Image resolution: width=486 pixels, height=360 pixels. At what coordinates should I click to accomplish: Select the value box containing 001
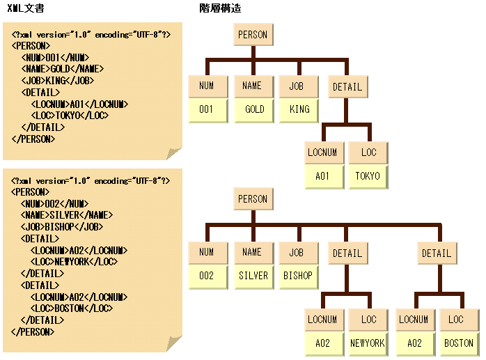[206, 109]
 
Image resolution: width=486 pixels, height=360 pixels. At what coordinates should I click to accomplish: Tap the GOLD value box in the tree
[253, 109]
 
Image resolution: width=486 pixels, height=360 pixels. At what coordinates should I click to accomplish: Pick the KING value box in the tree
[299, 109]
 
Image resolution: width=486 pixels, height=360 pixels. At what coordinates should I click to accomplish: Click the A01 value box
[322, 176]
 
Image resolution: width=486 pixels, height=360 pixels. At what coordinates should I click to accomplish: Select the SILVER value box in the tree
[253, 276]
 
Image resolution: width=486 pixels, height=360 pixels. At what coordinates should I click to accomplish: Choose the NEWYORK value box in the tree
[368, 343]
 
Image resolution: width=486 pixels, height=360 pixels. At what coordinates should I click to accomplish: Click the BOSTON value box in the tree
[458, 343]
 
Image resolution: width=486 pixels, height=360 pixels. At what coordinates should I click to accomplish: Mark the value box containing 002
[206, 276]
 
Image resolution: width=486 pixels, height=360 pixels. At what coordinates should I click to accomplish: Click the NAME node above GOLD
[252, 86]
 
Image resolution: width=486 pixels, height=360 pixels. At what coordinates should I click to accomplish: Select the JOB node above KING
[298, 86]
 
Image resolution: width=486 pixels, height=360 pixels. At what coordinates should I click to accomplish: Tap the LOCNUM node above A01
[322, 152]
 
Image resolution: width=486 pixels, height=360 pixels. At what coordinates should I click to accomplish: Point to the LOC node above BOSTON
[457, 320]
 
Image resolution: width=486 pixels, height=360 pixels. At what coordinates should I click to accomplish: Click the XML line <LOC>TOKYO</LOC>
[70, 116]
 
